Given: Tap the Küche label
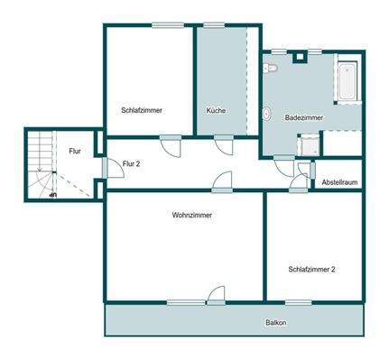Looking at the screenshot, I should (x=216, y=110).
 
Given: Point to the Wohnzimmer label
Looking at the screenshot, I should (x=190, y=215).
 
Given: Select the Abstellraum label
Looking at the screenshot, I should (x=339, y=183).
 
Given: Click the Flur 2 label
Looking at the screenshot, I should (x=133, y=163).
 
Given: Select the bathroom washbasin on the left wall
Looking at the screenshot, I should (x=267, y=114).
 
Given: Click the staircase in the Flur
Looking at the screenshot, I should (x=39, y=167).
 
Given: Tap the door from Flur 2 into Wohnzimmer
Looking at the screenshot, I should (x=221, y=184).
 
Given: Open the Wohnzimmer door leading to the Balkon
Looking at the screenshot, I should (x=214, y=295).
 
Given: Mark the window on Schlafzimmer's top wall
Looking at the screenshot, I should (x=168, y=25).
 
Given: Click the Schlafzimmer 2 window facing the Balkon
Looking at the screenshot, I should (x=298, y=301).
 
